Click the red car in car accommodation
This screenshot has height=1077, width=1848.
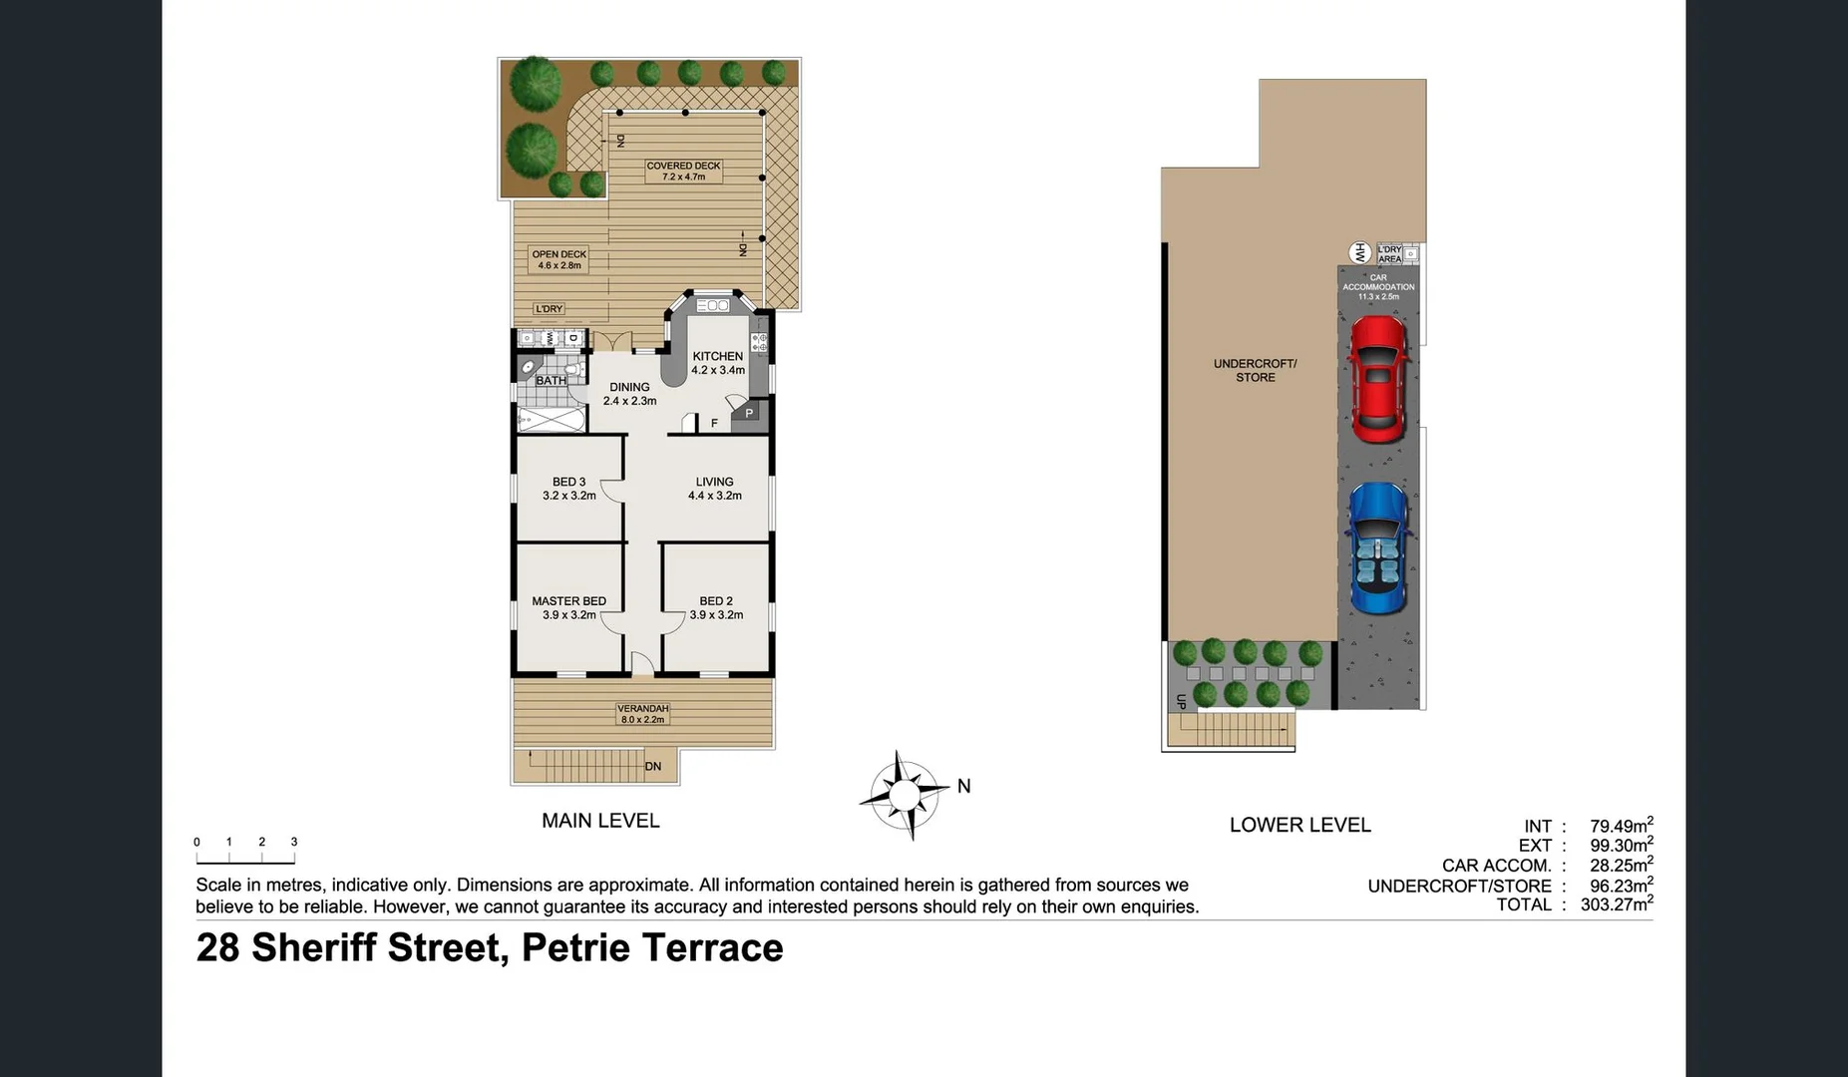pos(1378,379)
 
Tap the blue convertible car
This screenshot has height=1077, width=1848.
pos(1378,549)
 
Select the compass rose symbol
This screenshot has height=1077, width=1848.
pos(903,795)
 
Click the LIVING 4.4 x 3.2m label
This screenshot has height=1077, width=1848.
pos(714,489)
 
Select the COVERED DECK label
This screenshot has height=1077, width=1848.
pos(683,172)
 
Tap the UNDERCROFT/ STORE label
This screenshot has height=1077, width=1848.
pos(1255,370)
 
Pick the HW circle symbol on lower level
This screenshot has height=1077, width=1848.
pos(1358,253)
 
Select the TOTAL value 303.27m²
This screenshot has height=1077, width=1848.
pos(1616,905)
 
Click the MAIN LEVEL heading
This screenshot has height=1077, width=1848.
pos(600,821)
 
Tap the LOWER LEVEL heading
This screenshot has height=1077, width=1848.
pos(1299,825)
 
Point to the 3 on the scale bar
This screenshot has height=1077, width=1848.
pos(294,842)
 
